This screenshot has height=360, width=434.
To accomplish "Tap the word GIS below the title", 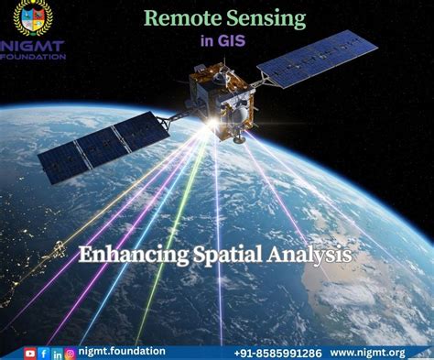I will coord(232,39).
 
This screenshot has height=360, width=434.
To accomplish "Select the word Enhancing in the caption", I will coord(131,254).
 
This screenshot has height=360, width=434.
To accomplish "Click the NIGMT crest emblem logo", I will coord(34,18).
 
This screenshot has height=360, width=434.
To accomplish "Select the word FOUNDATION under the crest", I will coord(34,56).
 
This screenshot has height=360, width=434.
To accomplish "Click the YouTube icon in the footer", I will coord(30,353).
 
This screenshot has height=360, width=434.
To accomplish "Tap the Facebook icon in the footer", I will coord(43,353).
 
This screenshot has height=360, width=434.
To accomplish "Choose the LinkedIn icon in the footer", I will coord(56,353).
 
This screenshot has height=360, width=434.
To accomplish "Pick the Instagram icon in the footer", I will coord(69,353).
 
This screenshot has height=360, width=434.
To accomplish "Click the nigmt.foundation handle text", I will coord(121,352).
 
